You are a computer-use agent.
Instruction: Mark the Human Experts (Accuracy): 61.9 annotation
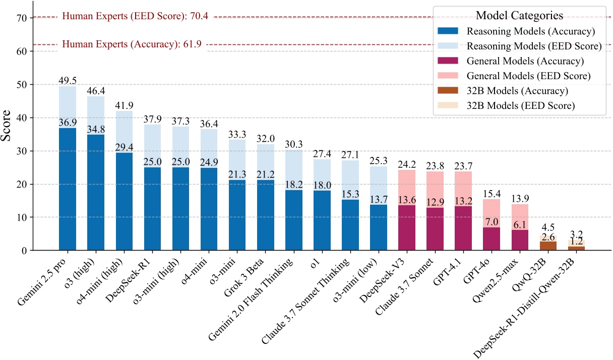(x=132, y=44)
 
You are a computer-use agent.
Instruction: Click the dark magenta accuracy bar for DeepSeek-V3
(x=407, y=228)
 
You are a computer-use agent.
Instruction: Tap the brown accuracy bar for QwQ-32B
(x=548, y=246)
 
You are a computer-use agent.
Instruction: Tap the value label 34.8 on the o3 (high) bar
(x=96, y=130)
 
